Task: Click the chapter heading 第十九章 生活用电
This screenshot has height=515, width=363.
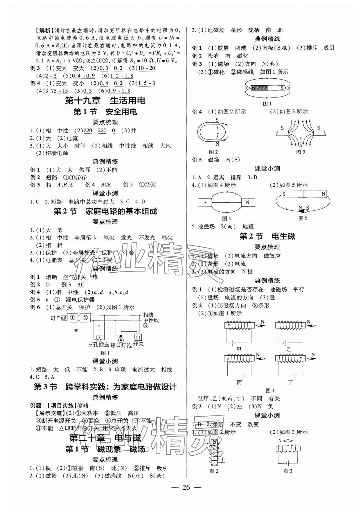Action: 105,101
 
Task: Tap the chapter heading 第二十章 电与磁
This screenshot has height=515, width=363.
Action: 105,438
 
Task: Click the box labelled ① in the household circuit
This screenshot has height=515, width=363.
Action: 73,318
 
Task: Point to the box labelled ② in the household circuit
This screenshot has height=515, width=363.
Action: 85,318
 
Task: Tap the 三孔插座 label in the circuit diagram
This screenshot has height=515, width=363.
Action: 98,345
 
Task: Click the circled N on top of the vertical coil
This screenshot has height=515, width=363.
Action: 214,442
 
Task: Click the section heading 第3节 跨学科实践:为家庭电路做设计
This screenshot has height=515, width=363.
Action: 105,387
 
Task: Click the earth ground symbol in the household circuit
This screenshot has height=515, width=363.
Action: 76,329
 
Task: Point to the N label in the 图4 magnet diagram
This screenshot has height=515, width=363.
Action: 247,202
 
